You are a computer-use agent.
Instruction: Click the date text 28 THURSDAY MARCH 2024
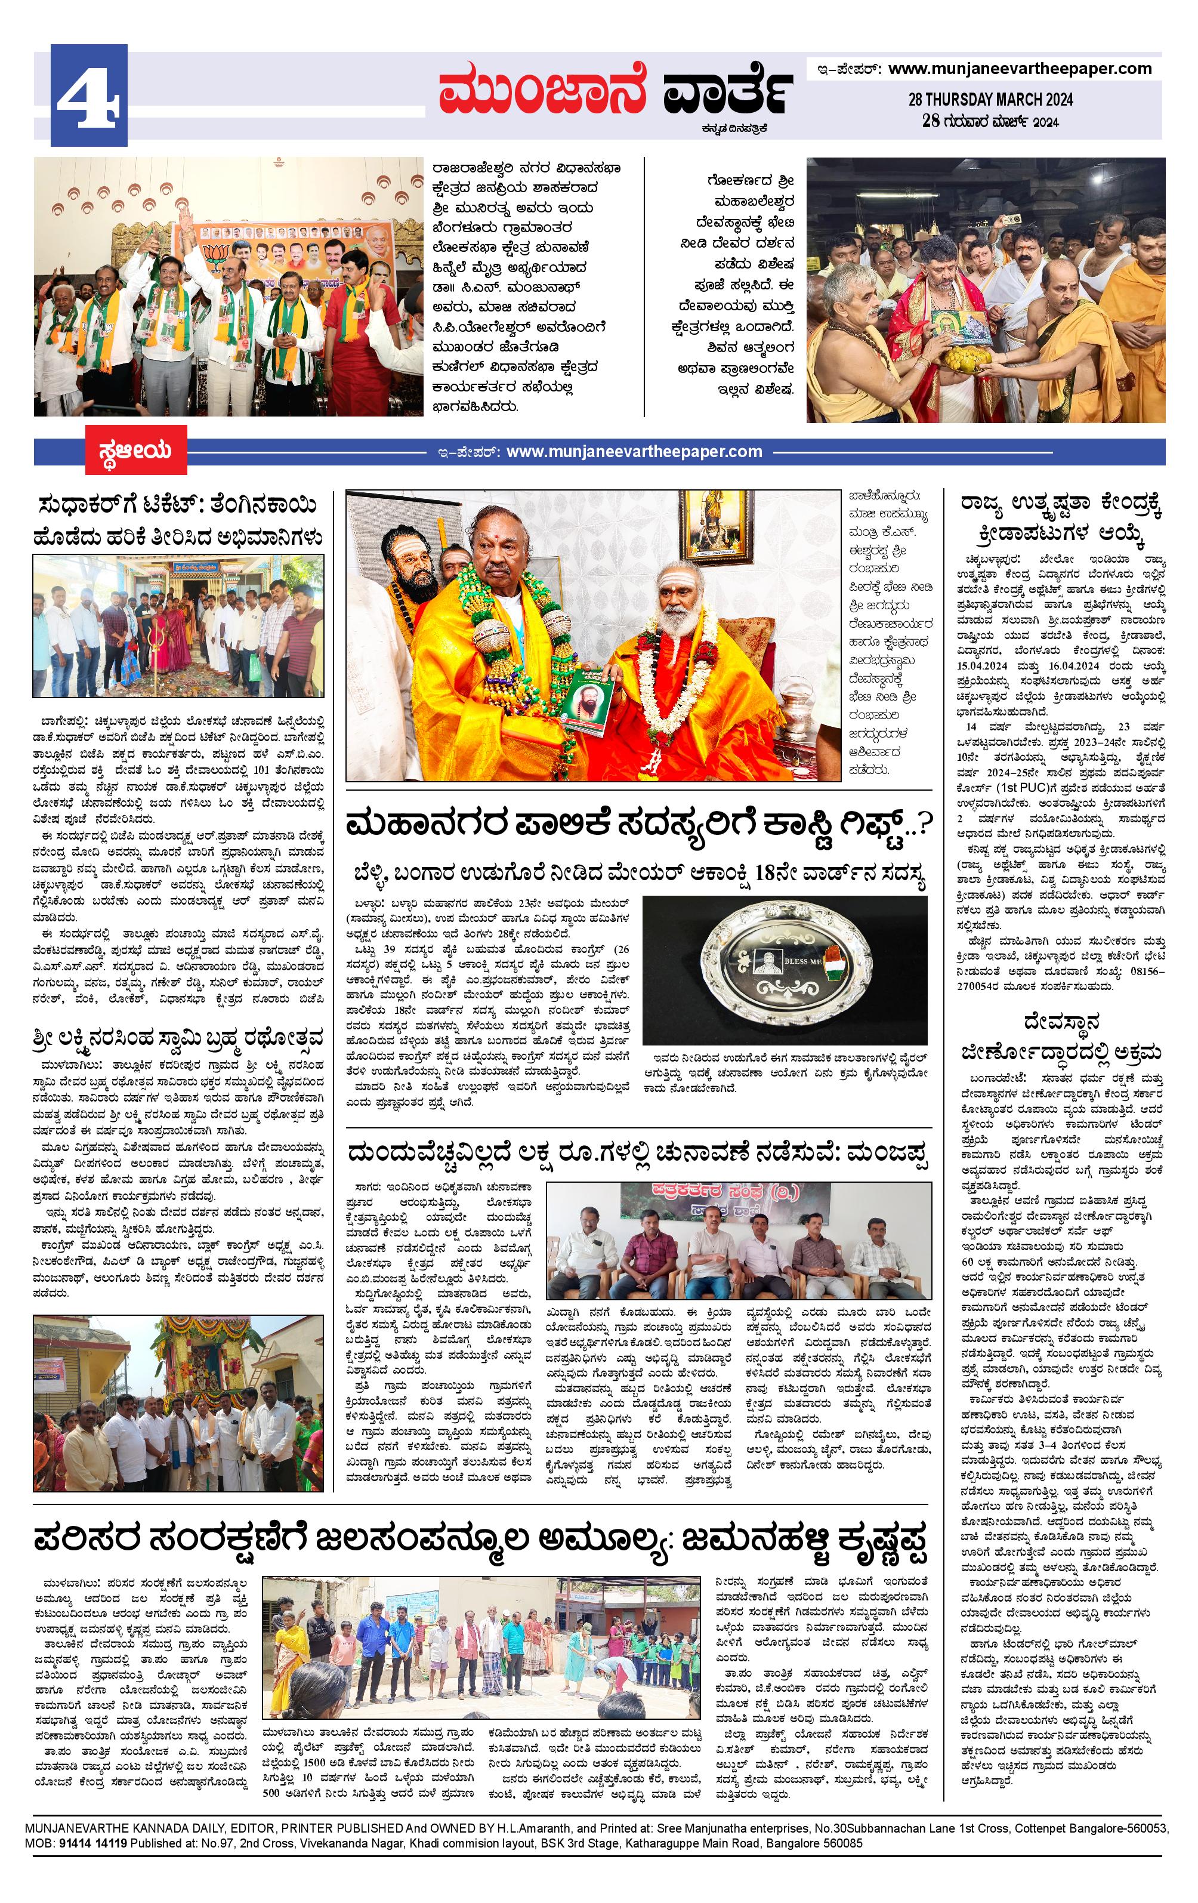pyautogui.click(x=990, y=100)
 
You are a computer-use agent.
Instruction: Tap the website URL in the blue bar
pyautogui.click(x=634, y=452)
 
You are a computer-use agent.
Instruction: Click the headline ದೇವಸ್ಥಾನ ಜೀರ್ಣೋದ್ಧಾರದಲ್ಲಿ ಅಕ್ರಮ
pyautogui.click(x=1061, y=1035)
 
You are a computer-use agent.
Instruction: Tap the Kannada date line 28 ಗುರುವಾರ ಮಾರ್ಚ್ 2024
pyautogui.click(x=990, y=122)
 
